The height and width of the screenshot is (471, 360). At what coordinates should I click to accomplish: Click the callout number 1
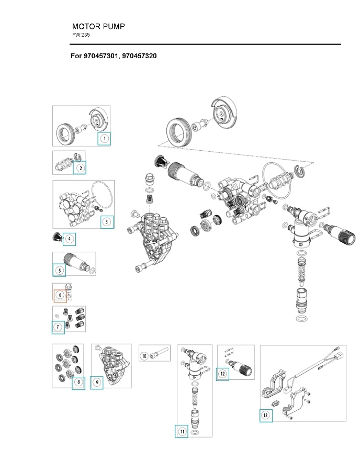[x=104, y=139]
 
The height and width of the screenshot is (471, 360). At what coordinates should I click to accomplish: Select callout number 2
[x=80, y=168]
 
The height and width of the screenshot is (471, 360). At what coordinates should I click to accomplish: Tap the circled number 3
[x=107, y=222]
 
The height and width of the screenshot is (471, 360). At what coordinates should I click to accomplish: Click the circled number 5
[x=60, y=270]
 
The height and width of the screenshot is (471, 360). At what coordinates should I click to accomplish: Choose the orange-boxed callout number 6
[x=60, y=296]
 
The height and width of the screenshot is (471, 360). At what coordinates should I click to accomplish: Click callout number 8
[x=78, y=382]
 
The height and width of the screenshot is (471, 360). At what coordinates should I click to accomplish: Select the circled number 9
[x=97, y=382]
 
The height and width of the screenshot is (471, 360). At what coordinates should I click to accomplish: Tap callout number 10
[x=144, y=356]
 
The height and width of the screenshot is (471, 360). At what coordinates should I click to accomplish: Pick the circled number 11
[x=182, y=431]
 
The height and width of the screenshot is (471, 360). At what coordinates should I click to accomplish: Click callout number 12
[x=223, y=374]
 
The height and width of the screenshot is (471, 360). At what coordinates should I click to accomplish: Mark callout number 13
[x=266, y=416]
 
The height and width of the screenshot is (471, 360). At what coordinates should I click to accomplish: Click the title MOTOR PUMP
[x=98, y=26]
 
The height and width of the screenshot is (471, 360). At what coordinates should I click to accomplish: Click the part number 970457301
[x=100, y=55]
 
